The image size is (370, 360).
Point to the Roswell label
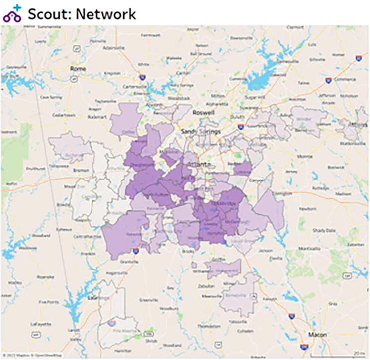click(204, 113)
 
